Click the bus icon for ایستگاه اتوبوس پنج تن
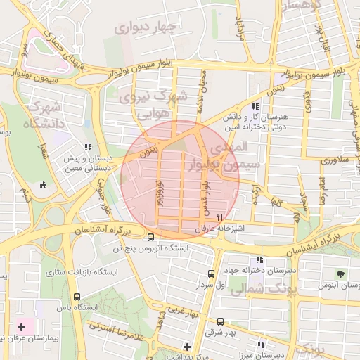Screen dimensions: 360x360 pos(151,237)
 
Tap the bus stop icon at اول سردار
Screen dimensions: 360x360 pos(211,274)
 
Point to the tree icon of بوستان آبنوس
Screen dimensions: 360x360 pos(341,274)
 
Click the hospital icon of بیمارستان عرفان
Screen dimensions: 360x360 pos(21,327)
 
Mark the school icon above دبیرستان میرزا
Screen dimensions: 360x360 pos(261,345)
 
